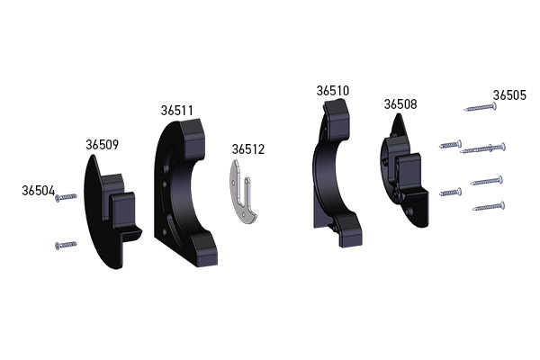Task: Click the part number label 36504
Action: click(38, 191)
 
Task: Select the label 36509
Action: click(102, 145)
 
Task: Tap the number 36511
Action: click(177, 111)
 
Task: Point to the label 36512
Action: click(248, 149)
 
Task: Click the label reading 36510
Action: click(333, 91)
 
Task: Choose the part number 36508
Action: click(400, 104)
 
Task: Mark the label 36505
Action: click(509, 95)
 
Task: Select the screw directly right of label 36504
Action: click(66, 197)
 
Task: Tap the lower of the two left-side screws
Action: click(66, 245)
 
